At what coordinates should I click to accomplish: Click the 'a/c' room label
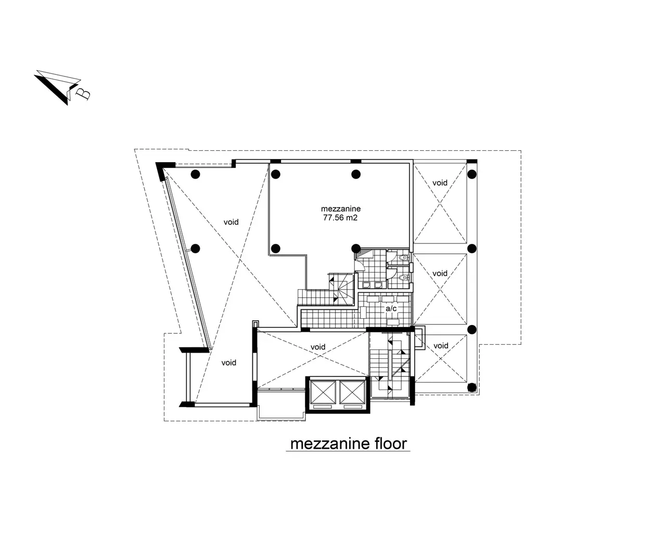(x=391, y=308)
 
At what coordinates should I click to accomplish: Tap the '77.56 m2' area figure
(x=340, y=218)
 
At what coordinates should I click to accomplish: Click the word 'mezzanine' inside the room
(x=341, y=209)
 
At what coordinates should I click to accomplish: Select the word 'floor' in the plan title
(x=391, y=444)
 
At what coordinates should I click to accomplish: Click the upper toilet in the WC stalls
(x=403, y=257)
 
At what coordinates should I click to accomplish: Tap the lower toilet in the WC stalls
(x=403, y=278)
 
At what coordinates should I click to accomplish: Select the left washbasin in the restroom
(x=366, y=284)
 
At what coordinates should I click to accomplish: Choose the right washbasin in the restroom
(x=378, y=284)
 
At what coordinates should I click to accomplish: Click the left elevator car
(x=323, y=392)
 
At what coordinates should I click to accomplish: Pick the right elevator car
(x=352, y=392)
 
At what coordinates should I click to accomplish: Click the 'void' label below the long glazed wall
(x=229, y=362)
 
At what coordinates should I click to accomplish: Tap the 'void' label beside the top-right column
(x=440, y=183)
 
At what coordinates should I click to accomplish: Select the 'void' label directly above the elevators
(x=318, y=347)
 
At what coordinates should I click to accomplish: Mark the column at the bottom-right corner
(x=471, y=387)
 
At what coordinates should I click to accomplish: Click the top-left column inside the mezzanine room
(x=275, y=174)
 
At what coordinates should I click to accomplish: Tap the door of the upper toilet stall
(x=391, y=257)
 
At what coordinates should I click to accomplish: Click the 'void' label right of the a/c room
(x=440, y=274)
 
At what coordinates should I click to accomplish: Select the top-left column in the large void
(x=195, y=174)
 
